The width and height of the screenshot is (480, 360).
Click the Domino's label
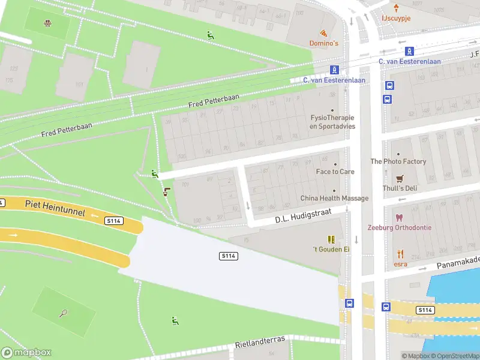[324, 43]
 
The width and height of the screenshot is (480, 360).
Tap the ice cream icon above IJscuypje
[396, 7]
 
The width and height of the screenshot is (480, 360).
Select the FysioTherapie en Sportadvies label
[332, 122]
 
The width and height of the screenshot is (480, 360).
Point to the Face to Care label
[335, 172]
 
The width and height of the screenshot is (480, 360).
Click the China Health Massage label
[334, 198]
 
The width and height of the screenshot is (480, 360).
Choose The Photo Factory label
[398, 161]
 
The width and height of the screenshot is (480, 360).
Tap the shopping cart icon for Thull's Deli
[400, 178]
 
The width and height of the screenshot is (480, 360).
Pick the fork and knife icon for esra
[400, 253]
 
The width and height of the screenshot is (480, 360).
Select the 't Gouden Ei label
[331, 249]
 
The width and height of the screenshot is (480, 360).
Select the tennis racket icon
[63, 313]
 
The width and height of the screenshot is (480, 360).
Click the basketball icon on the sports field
[47, 24]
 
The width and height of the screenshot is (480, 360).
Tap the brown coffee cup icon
[166, 192]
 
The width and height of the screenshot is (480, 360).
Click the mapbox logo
[26, 353]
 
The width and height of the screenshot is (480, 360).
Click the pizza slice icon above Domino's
[324, 33]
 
